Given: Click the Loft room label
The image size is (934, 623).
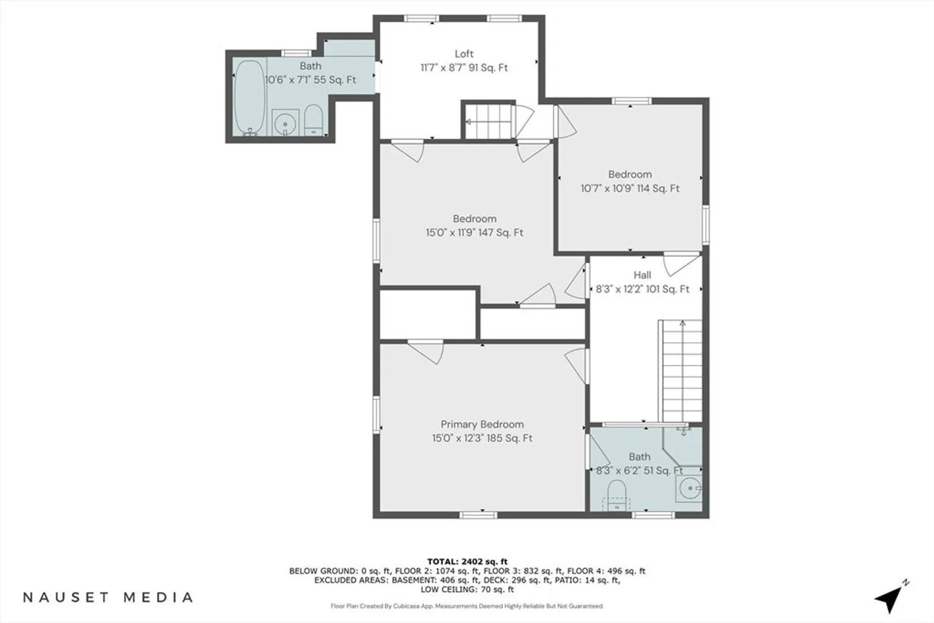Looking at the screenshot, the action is tap(464, 54).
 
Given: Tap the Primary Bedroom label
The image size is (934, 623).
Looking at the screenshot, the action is tap(482, 424).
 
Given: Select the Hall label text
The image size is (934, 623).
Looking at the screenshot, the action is tap(642, 275).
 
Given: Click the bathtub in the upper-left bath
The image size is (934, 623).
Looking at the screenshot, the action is tap(249, 99).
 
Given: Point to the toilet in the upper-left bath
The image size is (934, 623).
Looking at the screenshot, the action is tap(313, 119).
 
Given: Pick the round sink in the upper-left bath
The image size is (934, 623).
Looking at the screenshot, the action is tap(286, 123).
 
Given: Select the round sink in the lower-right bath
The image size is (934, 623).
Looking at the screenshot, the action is tap(689, 488).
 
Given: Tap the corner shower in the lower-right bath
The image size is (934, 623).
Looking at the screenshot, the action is tap(682, 446).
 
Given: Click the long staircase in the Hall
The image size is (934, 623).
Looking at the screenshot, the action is tap(681, 371).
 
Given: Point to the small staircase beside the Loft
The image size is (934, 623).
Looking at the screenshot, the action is tap(488, 121).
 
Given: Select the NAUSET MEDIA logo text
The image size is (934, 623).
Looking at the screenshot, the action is tap(107, 597).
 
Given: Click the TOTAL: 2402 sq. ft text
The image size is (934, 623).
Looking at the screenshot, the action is tap(467, 562).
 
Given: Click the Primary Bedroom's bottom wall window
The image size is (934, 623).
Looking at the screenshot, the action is tap(478, 515).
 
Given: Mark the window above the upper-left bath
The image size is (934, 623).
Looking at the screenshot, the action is tap(296, 53).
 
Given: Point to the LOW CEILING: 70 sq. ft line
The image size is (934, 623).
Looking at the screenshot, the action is tap(467, 589).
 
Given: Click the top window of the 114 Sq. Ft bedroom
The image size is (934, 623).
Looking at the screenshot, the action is tap(631, 101).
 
